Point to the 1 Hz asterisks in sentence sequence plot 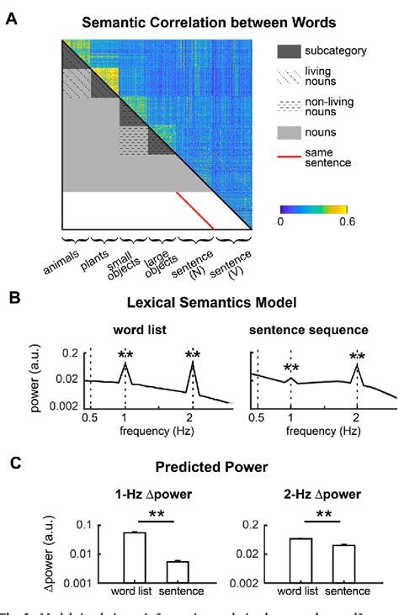291,368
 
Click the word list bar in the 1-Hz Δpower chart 135,557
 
